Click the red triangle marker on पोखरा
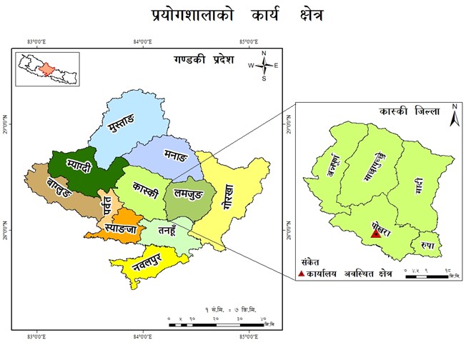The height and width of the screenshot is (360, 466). coord(376,233)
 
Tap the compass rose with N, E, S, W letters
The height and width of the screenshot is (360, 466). coord(264,65)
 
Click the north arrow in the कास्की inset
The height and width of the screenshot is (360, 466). coord(453,116)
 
